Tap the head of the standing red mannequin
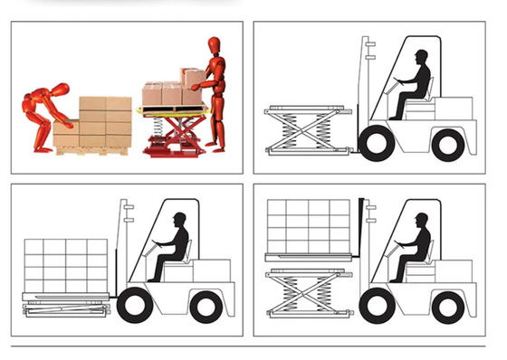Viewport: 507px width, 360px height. pyautogui.click(x=215, y=44)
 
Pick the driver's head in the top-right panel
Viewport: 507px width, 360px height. pyautogui.click(x=420, y=59)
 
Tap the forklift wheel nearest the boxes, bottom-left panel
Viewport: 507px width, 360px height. pyautogui.click(x=135, y=305)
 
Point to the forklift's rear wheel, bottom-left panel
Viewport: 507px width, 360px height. pyautogui.click(x=206, y=306)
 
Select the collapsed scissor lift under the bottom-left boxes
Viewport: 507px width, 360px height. pyautogui.click(x=63, y=306)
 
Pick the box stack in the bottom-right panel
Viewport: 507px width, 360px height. pyautogui.click(x=309, y=226)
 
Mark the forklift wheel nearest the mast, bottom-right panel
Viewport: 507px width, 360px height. pyautogui.click(x=378, y=306)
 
